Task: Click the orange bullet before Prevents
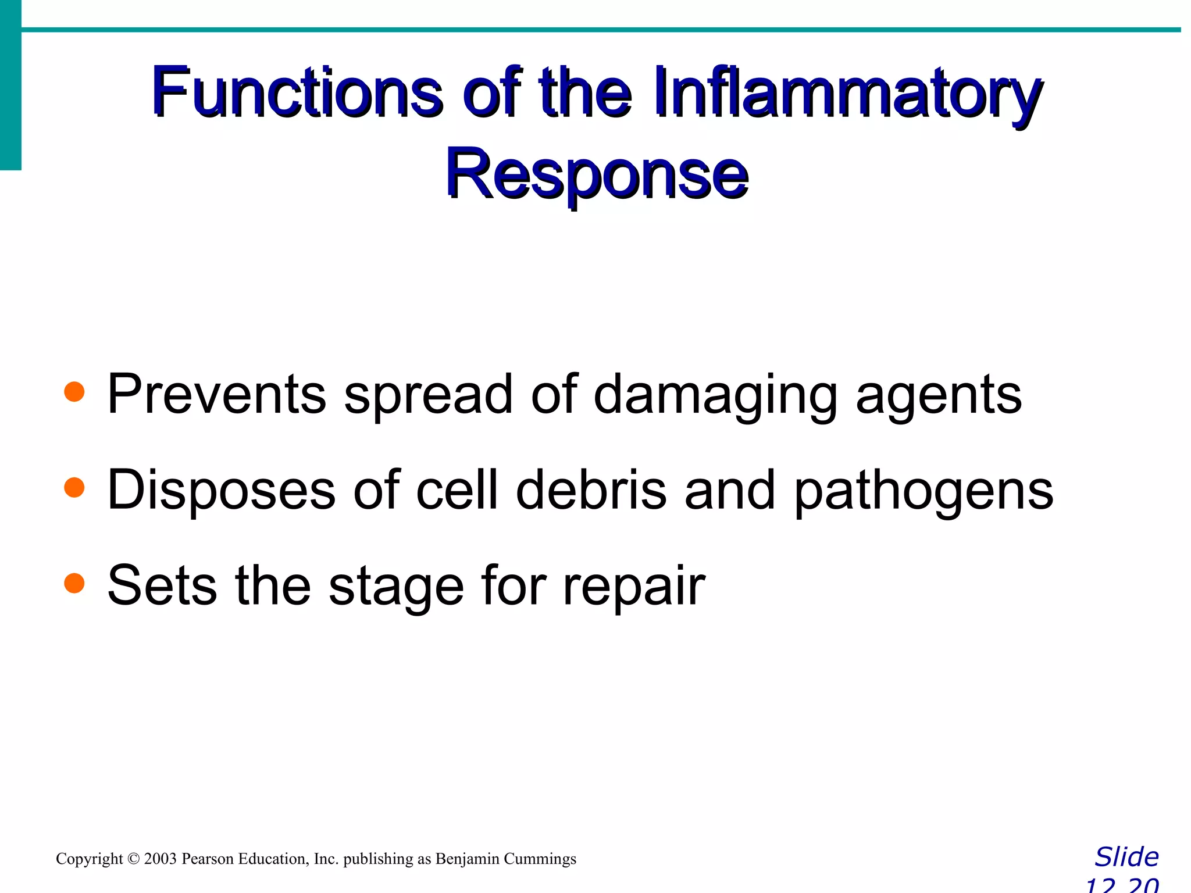point(74,392)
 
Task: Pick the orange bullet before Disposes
point(74,487)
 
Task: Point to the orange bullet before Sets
point(74,583)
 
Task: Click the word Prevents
point(216,394)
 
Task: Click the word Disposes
point(222,490)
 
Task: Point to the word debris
point(591,490)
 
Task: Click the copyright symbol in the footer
point(134,859)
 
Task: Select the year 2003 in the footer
point(160,859)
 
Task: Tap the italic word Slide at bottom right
point(1126,857)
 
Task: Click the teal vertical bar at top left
point(10,84)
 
